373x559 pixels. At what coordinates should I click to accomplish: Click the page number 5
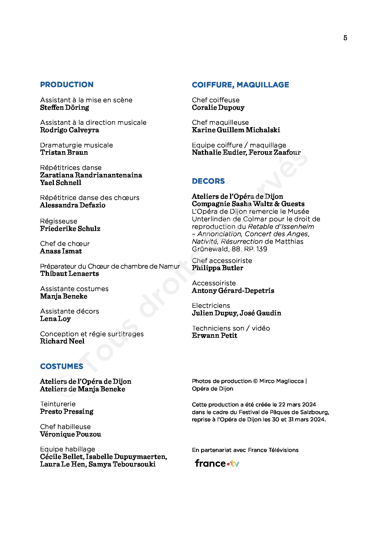[345, 38]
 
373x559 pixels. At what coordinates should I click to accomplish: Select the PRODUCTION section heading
[67, 85]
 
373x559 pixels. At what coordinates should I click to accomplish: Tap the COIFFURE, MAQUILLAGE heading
[240, 85]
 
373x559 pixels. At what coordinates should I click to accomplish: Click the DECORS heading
[208, 181]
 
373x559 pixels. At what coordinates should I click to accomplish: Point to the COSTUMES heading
[61, 366]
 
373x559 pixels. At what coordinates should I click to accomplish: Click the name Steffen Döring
[64, 108]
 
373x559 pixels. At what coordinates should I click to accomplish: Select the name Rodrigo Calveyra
[70, 130]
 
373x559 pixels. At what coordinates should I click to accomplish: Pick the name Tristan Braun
[64, 153]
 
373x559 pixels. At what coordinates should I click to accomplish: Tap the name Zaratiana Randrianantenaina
[91, 175]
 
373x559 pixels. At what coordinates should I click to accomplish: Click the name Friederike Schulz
[70, 229]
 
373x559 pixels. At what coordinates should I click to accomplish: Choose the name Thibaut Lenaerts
[69, 274]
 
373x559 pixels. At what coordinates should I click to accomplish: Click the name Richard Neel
[62, 341]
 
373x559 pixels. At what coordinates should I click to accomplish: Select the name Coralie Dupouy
[218, 108]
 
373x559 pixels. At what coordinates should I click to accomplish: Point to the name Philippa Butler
[217, 268]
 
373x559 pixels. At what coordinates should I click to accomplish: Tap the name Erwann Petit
[214, 336]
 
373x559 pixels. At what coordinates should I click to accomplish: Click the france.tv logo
[217, 464]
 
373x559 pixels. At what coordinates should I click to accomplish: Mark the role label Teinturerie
[58, 404]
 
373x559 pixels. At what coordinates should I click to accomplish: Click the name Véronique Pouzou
[70, 434]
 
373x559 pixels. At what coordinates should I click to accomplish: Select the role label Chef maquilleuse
[220, 123]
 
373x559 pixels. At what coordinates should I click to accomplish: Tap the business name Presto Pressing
[67, 412]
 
